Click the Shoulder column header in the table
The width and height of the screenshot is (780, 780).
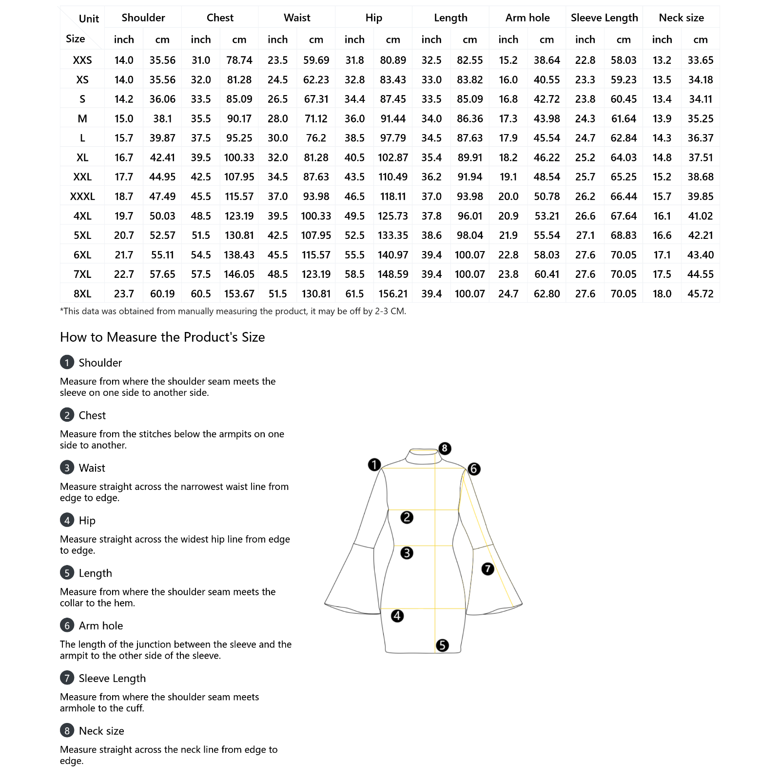point(143,18)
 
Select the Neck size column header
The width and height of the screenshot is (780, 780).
point(681,18)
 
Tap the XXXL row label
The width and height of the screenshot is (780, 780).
point(82,196)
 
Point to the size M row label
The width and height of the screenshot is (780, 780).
point(82,118)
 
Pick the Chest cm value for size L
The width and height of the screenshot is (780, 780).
point(239,138)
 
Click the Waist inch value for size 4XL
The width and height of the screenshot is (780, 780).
point(277,216)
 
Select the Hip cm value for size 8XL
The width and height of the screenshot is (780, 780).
point(393,294)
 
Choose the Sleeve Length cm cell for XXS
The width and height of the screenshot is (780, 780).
point(624,60)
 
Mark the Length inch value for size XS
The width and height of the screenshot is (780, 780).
point(431,79)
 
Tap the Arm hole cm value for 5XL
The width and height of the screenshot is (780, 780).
point(546,235)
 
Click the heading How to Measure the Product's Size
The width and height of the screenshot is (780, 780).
point(162,337)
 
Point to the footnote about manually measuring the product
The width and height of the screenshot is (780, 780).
point(233,311)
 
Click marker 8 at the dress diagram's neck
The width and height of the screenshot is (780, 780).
point(445,448)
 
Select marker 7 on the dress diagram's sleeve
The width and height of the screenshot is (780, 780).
point(487,568)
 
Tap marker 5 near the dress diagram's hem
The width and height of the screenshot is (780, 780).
point(442,645)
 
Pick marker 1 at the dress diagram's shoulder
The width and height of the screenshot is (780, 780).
point(374,464)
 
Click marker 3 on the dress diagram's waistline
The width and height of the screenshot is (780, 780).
point(407,553)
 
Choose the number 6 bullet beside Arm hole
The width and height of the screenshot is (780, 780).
point(67,625)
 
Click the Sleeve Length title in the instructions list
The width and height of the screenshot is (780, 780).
point(112,678)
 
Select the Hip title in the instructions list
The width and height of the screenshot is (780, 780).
point(87,521)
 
